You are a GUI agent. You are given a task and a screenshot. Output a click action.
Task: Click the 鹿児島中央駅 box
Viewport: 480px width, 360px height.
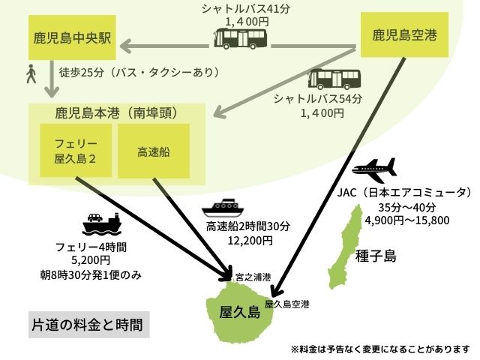tap(72, 38)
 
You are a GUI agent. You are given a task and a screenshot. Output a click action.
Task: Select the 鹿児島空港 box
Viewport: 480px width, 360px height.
tap(405, 35)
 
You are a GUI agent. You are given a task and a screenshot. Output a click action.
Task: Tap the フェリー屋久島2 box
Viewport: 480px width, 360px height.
tap(76, 150)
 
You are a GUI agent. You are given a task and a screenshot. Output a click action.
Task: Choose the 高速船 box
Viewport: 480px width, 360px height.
tap(154, 151)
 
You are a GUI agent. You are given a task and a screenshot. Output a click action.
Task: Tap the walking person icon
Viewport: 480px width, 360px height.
tap(31, 74)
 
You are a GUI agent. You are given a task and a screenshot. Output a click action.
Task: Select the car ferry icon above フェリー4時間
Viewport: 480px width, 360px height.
tap(102, 222)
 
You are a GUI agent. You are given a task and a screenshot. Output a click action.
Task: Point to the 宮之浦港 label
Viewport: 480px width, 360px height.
tap(252, 277)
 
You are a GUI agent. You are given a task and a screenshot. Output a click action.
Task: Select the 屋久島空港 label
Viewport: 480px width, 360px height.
tap(286, 304)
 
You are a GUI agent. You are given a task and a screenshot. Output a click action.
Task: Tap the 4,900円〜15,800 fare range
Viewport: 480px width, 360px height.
tap(406, 220)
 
